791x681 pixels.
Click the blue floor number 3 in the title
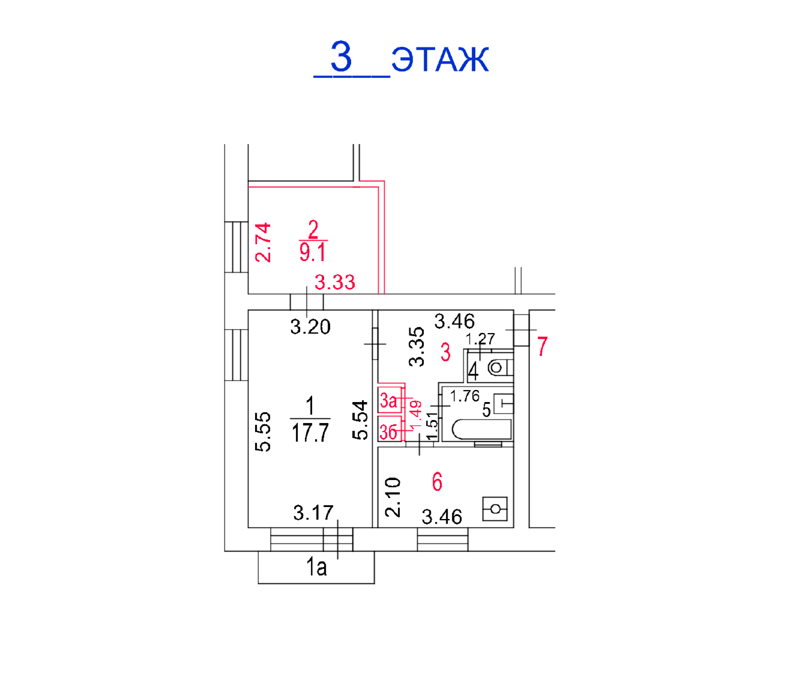coord(341,56)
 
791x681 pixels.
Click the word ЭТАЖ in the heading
coord(441,59)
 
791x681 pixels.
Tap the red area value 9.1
coord(313,253)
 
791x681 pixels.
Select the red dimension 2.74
coord(263,242)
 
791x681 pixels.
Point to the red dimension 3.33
coord(335,283)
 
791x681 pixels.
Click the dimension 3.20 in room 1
coord(310,327)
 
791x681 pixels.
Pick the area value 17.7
coord(310,433)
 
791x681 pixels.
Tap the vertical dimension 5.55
coord(263,431)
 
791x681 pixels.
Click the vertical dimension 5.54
coord(359,419)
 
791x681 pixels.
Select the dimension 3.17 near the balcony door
coord(313,512)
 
